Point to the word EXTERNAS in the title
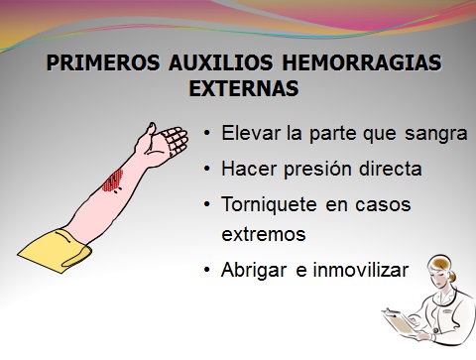(242, 87)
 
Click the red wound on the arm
(113, 180)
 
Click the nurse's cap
(437, 260)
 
